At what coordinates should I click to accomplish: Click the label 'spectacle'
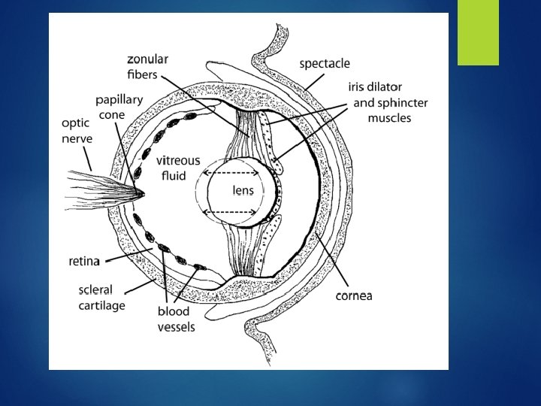(x=325, y=64)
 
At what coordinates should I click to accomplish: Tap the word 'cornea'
(x=353, y=295)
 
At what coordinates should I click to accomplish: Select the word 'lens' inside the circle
(x=242, y=191)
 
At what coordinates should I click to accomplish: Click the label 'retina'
(x=85, y=262)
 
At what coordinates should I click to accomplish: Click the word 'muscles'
(x=389, y=117)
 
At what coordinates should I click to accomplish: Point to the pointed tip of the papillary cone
(x=141, y=192)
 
